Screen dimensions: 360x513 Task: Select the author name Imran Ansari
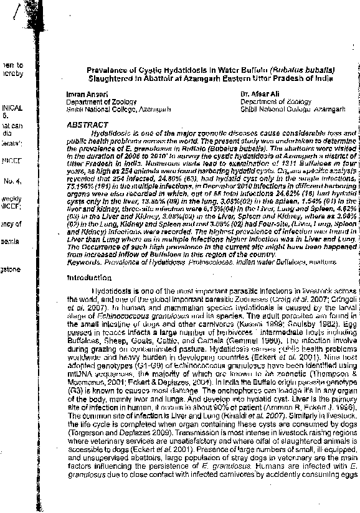pos(83,94)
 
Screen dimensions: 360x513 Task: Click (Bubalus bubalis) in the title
pos(302,71)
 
